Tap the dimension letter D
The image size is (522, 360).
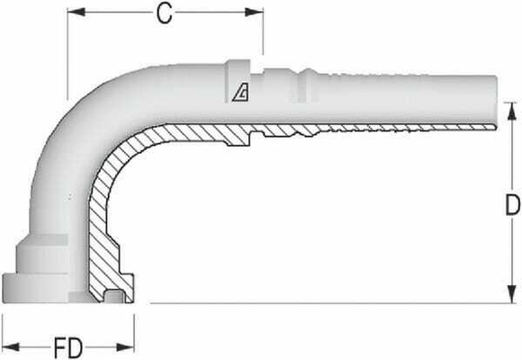(x=511, y=206)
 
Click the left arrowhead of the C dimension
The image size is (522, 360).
(x=76, y=13)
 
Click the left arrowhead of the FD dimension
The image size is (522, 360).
(x=9, y=346)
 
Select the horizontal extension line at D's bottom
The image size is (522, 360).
(x=315, y=303)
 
